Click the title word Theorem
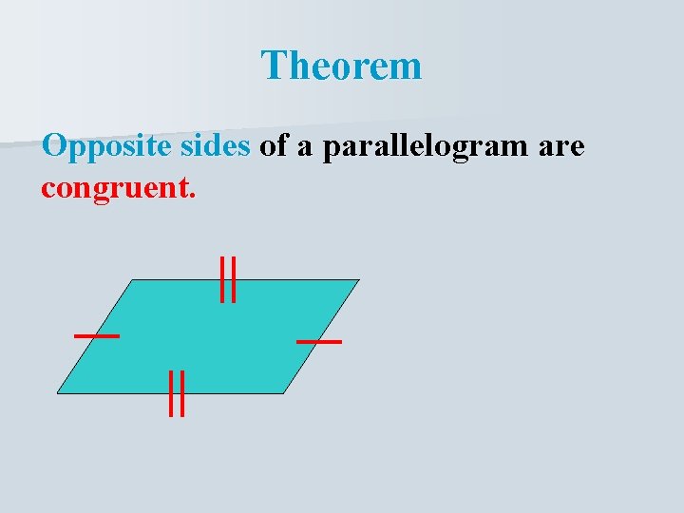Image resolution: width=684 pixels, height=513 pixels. [341, 66]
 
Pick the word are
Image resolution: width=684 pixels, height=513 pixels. [562, 148]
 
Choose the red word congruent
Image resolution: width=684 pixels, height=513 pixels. [115, 187]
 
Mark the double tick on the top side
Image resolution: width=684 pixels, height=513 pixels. [228, 279]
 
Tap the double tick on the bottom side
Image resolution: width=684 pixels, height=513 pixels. [176, 393]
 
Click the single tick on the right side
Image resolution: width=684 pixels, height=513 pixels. [319, 340]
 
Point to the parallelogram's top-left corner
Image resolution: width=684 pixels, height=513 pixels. [131, 280]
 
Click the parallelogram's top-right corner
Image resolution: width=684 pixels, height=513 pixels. [358, 280]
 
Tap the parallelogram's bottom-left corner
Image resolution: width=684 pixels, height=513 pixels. [59, 392]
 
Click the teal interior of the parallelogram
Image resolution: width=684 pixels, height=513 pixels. [209, 337]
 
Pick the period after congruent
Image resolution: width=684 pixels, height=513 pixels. [194, 194]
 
